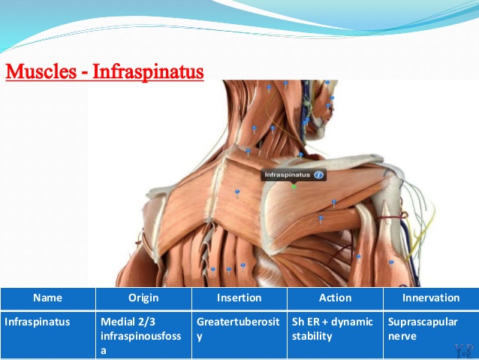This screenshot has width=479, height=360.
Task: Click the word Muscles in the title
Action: (41, 71)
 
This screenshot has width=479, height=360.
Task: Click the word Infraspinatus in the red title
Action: (148, 72)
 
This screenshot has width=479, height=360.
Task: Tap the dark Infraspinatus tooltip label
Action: (294, 175)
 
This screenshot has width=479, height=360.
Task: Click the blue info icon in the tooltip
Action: (318, 175)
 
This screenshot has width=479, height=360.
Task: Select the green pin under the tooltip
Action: (294, 186)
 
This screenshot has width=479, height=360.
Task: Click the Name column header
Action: (47, 298)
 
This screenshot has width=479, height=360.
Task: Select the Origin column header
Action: (143, 298)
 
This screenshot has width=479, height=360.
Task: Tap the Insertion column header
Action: (239, 298)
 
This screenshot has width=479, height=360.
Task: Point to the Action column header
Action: (335, 298)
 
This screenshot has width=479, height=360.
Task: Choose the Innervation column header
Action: (431, 298)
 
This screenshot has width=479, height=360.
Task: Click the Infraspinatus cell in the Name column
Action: (38, 322)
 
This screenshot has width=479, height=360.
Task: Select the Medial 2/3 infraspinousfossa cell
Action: (141, 336)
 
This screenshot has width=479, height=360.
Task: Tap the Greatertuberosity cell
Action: (238, 329)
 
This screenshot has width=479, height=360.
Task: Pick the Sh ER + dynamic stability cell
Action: (333, 329)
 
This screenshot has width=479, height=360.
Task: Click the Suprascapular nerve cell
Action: (423, 329)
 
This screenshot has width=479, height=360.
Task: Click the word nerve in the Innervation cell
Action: (402, 337)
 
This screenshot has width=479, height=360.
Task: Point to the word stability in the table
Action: (312, 337)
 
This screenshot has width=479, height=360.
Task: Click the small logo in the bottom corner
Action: (464, 351)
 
